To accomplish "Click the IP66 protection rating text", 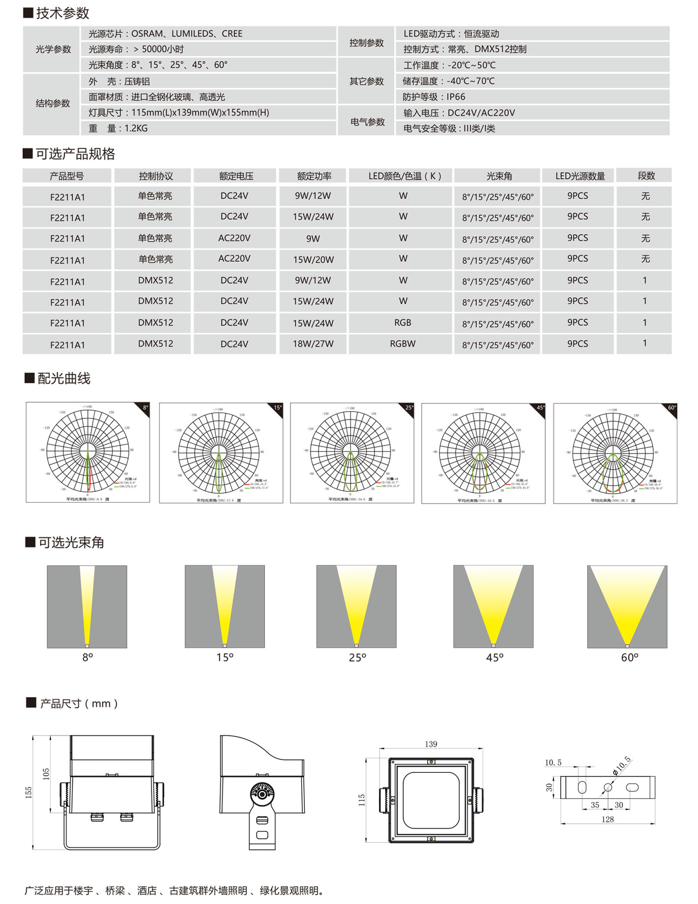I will tap(456, 97).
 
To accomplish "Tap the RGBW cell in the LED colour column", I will tap(403, 344).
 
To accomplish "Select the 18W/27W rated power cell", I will tap(313, 344).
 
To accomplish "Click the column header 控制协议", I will tap(155, 176).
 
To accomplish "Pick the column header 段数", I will tap(646, 175).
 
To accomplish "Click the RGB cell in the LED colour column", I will tap(403, 323).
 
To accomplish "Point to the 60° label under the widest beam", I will tap(629, 657).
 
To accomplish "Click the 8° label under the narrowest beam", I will tap(87, 657).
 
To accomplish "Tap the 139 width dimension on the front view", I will tap(431, 744).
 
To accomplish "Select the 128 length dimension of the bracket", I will tap(608, 819).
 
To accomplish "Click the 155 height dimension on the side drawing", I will tap(29, 792).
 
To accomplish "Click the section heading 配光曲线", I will tap(64, 378).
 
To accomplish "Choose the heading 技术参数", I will tap(62, 13).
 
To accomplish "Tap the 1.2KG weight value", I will tap(136, 128).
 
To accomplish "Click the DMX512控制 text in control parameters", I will tap(500, 49).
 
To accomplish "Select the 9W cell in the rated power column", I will tap(313, 239).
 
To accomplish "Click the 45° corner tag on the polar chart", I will tap(540, 408).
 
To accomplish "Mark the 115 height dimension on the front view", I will tap(362, 800).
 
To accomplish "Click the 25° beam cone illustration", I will tap(356, 606).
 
